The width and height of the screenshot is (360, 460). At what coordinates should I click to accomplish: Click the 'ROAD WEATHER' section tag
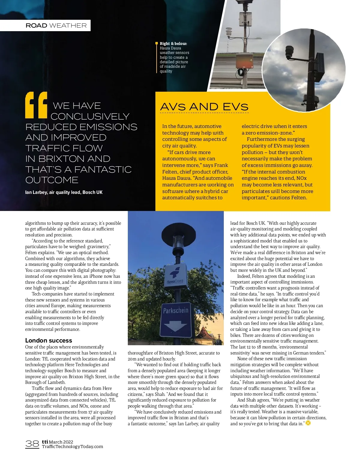point(56,25)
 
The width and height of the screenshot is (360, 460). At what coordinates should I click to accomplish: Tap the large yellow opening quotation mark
point(36,105)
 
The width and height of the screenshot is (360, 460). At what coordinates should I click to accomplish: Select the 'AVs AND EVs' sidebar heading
point(204,107)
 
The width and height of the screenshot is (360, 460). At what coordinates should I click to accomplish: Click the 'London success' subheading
point(49,340)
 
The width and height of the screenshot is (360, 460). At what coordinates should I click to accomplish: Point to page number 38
point(32,444)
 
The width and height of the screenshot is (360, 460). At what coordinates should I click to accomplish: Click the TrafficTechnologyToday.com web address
point(73,447)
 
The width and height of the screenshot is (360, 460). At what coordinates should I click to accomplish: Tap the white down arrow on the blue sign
point(176,326)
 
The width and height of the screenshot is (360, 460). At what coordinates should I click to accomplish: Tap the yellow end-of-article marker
point(308,423)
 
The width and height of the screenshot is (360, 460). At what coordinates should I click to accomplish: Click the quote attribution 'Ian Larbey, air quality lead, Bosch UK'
point(64,192)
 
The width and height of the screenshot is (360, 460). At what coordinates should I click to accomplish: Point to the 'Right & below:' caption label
point(173,43)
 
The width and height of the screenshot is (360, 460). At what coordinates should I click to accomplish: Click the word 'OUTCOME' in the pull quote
point(52,180)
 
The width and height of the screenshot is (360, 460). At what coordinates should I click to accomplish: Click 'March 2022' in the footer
point(61,442)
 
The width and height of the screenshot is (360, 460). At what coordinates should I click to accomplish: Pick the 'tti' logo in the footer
point(45,442)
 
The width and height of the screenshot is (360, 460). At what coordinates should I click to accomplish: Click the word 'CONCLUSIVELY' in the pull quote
point(90,116)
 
